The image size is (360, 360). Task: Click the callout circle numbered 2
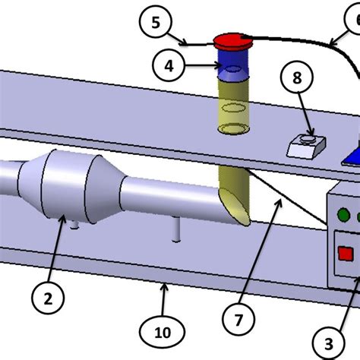point(48,299)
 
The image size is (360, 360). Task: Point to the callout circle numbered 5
point(156,23)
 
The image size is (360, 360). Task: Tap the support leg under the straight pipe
point(177,229)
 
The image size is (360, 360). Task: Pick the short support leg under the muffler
point(74,225)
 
